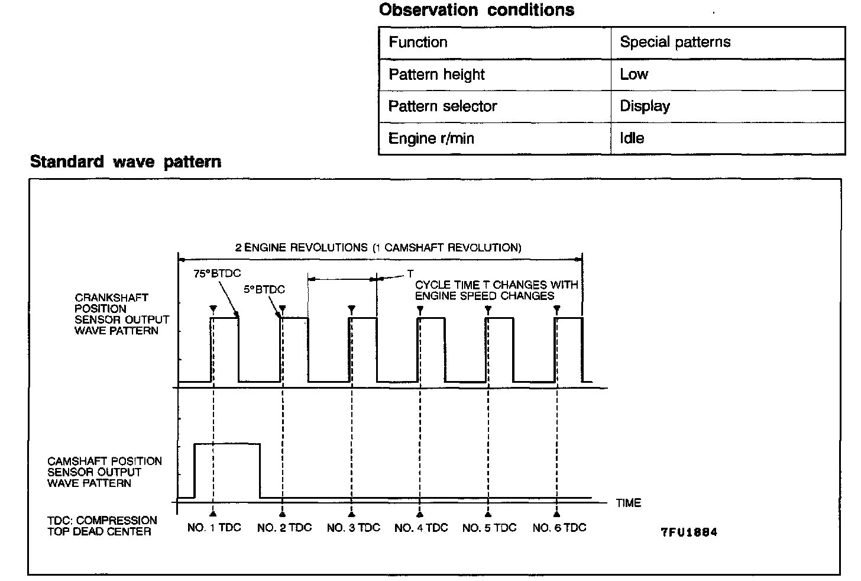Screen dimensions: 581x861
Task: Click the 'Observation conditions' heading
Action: click(476, 10)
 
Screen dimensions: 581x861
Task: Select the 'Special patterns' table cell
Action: click(675, 42)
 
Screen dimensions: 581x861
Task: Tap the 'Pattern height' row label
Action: click(436, 75)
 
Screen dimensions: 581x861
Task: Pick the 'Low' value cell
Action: click(634, 75)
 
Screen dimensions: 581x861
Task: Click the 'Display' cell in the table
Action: click(645, 106)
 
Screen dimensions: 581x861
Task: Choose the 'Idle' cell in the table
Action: click(632, 138)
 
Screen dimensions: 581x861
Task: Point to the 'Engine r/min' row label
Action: click(431, 138)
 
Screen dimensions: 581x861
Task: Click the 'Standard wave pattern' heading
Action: click(125, 162)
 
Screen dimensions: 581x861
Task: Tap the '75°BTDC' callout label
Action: click(217, 273)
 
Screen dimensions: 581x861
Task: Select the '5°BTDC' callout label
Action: click(264, 289)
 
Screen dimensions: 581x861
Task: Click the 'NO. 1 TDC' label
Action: click(214, 528)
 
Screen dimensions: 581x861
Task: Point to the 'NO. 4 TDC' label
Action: click(421, 528)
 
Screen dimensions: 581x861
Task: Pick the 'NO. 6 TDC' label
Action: click(559, 528)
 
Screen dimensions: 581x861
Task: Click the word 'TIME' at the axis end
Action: click(628, 503)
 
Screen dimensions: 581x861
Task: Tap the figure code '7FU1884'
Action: click(689, 532)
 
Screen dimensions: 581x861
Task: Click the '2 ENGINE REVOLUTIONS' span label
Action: click(378, 247)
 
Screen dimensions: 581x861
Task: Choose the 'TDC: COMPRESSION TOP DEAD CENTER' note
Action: click(102, 526)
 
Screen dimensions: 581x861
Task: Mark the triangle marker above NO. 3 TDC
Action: click(352, 309)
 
